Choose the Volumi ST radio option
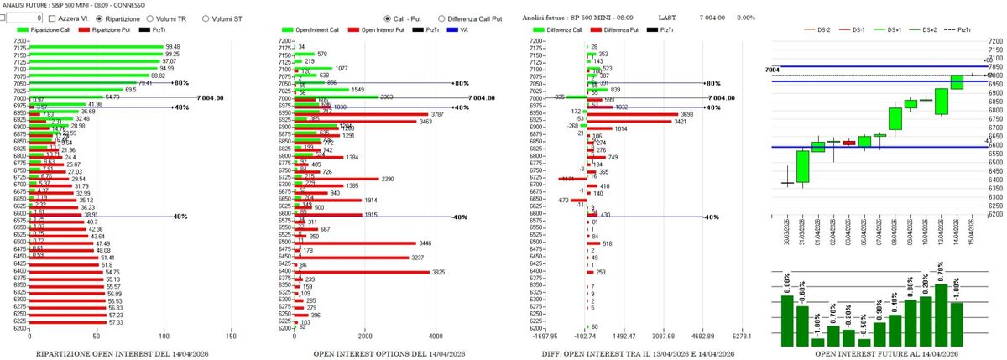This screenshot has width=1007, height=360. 206,18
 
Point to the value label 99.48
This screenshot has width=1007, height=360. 173,47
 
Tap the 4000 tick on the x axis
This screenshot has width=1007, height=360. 435,337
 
